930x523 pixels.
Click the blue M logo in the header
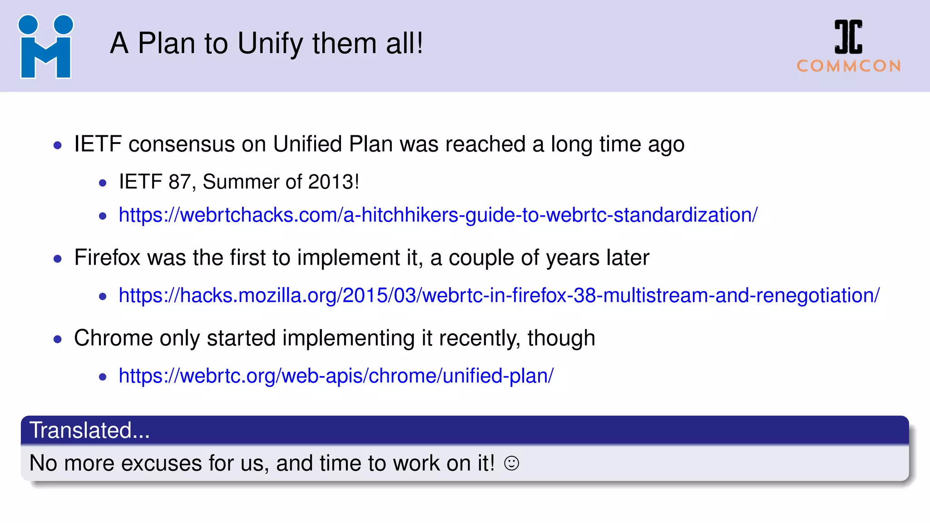click(45, 47)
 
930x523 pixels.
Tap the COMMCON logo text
click(849, 66)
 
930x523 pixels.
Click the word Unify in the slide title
click(270, 44)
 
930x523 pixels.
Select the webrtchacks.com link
click(438, 215)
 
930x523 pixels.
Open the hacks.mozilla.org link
click(499, 296)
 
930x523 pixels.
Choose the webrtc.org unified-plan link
click(336, 376)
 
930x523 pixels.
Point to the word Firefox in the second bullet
click(107, 258)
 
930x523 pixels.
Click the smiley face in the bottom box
click(511, 463)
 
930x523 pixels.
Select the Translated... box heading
click(89, 430)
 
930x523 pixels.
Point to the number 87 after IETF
click(179, 182)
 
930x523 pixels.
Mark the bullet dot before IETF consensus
click(58, 145)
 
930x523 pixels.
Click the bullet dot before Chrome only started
click(58, 339)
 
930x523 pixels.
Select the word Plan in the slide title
click(166, 44)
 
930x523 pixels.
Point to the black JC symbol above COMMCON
click(848, 37)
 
